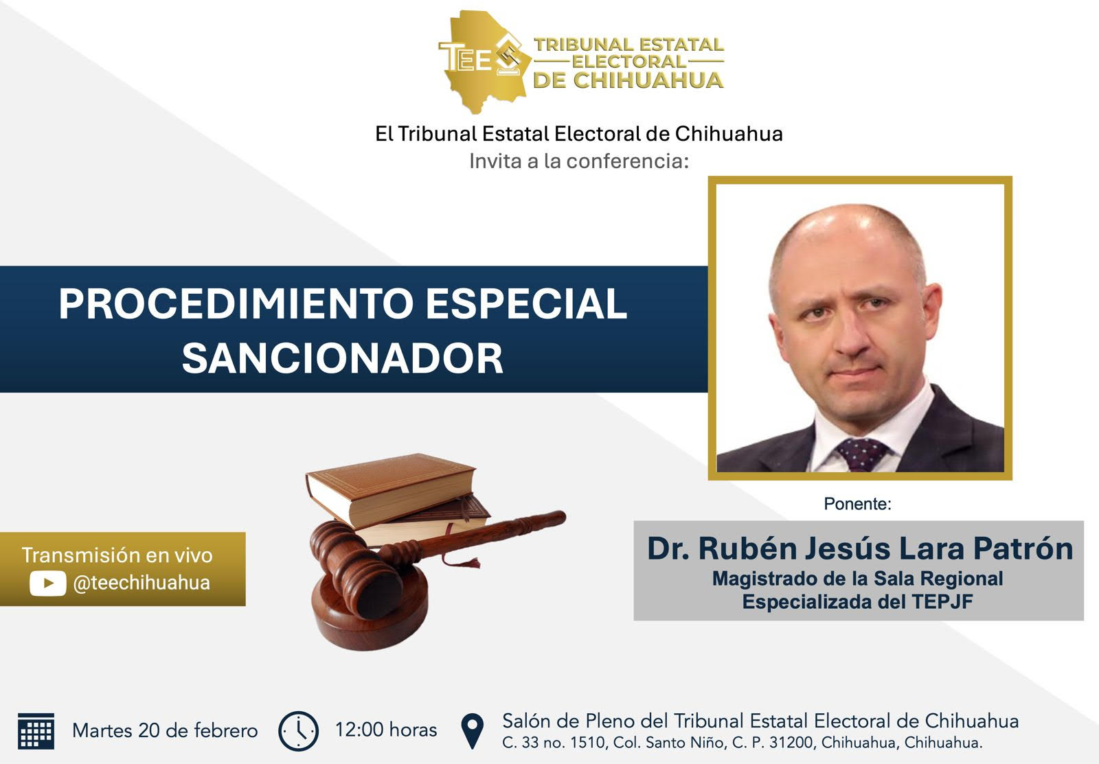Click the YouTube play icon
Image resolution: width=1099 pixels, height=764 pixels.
coord(47,583)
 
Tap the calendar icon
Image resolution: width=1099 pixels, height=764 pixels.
coord(36,731)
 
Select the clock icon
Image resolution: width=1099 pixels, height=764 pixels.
coord(298,731)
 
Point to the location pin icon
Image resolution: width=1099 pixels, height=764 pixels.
coord(473,731)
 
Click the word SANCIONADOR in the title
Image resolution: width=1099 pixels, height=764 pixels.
coord(343,358)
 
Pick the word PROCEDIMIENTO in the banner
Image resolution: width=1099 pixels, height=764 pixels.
coord(236,303)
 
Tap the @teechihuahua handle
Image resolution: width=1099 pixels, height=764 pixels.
coord(141,583)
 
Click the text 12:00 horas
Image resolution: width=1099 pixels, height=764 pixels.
coord(385,730)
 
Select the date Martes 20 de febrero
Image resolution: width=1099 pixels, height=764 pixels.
coord(165,730)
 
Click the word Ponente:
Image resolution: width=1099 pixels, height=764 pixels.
coord(858,504)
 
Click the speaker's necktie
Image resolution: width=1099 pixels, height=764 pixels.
coord(862,454)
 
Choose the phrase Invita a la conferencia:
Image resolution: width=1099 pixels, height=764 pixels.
coord(579,161)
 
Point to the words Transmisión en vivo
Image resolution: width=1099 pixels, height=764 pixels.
coord(117,555)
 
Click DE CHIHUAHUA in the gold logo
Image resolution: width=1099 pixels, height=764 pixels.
coord(628,80)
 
